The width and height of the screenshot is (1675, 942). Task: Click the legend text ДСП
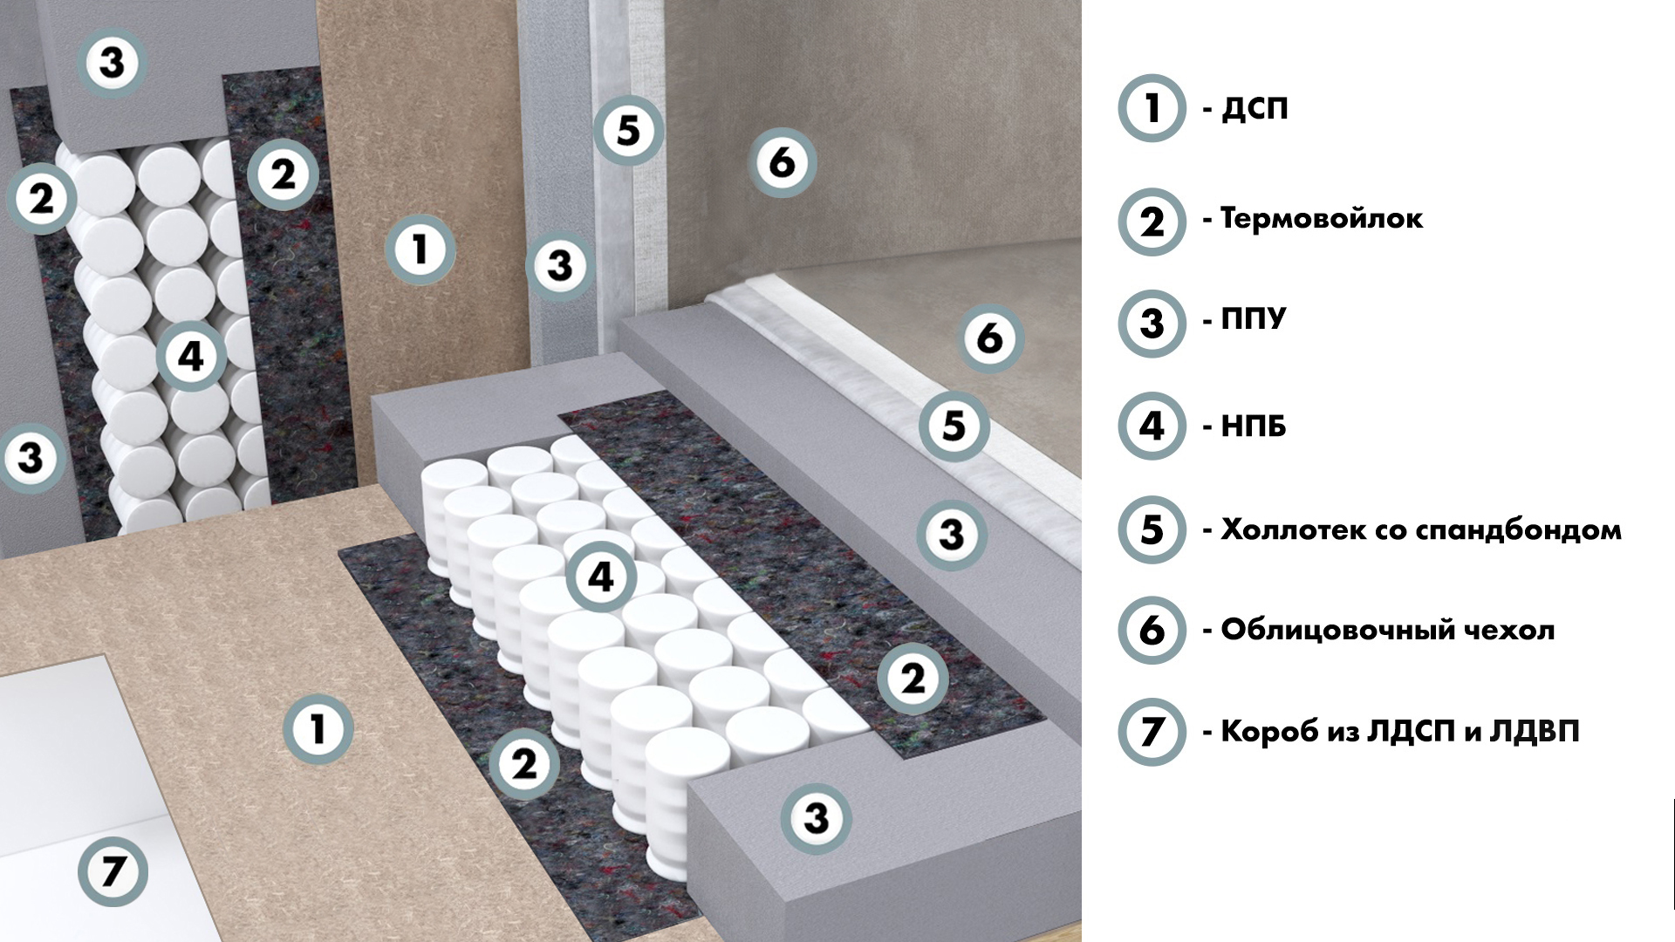point(1255,109)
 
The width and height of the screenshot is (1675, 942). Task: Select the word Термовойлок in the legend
point(1322,218)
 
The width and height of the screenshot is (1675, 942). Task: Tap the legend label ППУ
point(1254,319)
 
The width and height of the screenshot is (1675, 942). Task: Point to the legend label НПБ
point(1254,427)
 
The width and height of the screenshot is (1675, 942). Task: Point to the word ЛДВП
point(1537,731)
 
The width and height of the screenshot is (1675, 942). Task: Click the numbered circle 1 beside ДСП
point(1152,108)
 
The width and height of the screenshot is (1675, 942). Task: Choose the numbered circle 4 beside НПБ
point(1152,426)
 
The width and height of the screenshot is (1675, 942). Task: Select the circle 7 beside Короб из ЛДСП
point(1152,731)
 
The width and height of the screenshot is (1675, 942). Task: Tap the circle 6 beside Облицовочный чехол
point(1152,630)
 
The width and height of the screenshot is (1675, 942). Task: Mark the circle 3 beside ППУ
point(1152,323)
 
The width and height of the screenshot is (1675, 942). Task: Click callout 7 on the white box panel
point(113,871)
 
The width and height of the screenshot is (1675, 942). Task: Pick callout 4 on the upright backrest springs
point(191,357)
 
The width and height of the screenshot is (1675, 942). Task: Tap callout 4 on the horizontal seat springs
point(601,577)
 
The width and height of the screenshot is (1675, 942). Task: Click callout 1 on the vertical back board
point(420,250)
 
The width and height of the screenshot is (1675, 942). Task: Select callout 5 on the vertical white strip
point(629,131)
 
